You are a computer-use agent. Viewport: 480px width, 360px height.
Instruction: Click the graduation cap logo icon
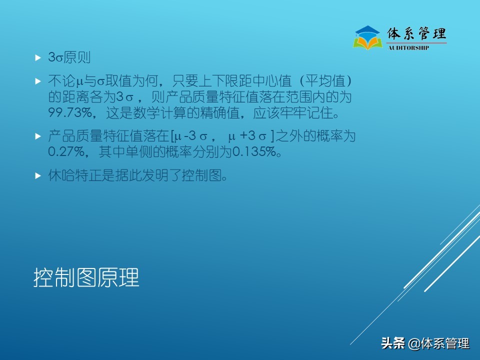(367, 37)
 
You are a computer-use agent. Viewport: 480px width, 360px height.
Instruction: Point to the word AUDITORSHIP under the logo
(408, 48)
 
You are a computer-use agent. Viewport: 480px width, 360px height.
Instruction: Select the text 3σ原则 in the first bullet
(69, 57)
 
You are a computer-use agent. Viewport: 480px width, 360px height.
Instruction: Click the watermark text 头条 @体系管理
(425, 343)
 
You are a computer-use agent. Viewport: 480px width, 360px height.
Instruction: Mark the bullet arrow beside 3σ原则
(37, 58)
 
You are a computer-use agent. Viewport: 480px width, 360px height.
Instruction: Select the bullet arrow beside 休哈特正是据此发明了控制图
(37, 176)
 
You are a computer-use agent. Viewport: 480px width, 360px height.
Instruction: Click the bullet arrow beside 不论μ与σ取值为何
(37, 80)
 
